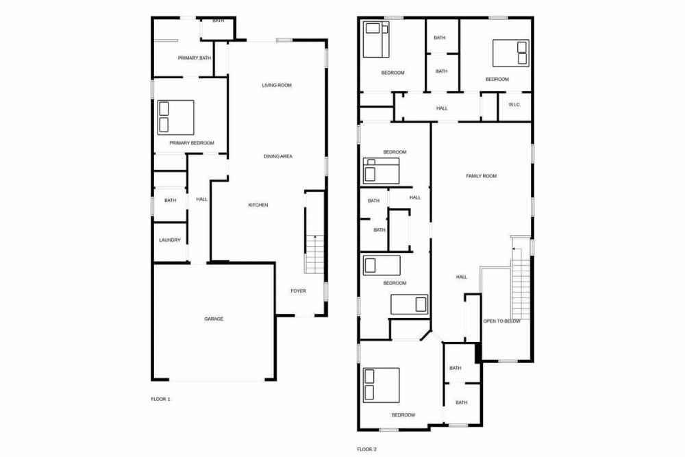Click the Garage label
point(214,319)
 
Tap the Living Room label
point(277,85)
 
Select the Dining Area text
point(278,156)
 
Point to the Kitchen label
point(258,205)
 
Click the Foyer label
point(299,291)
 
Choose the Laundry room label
point(169,240)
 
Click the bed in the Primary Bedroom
point(175,118)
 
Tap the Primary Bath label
point(195,58)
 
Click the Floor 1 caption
point(160,399)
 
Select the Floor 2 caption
point(366,449)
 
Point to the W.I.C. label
point(514,105)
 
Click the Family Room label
point(481,176)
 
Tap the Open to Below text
point(501,321)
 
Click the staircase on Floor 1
point(314,254)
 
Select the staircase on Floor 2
point(521,279)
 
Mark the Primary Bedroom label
point(192,143)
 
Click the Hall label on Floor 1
point(202,199)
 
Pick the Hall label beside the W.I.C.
point(442,108)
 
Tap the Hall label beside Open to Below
point(461,277)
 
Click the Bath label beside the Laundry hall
point(170,201)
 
